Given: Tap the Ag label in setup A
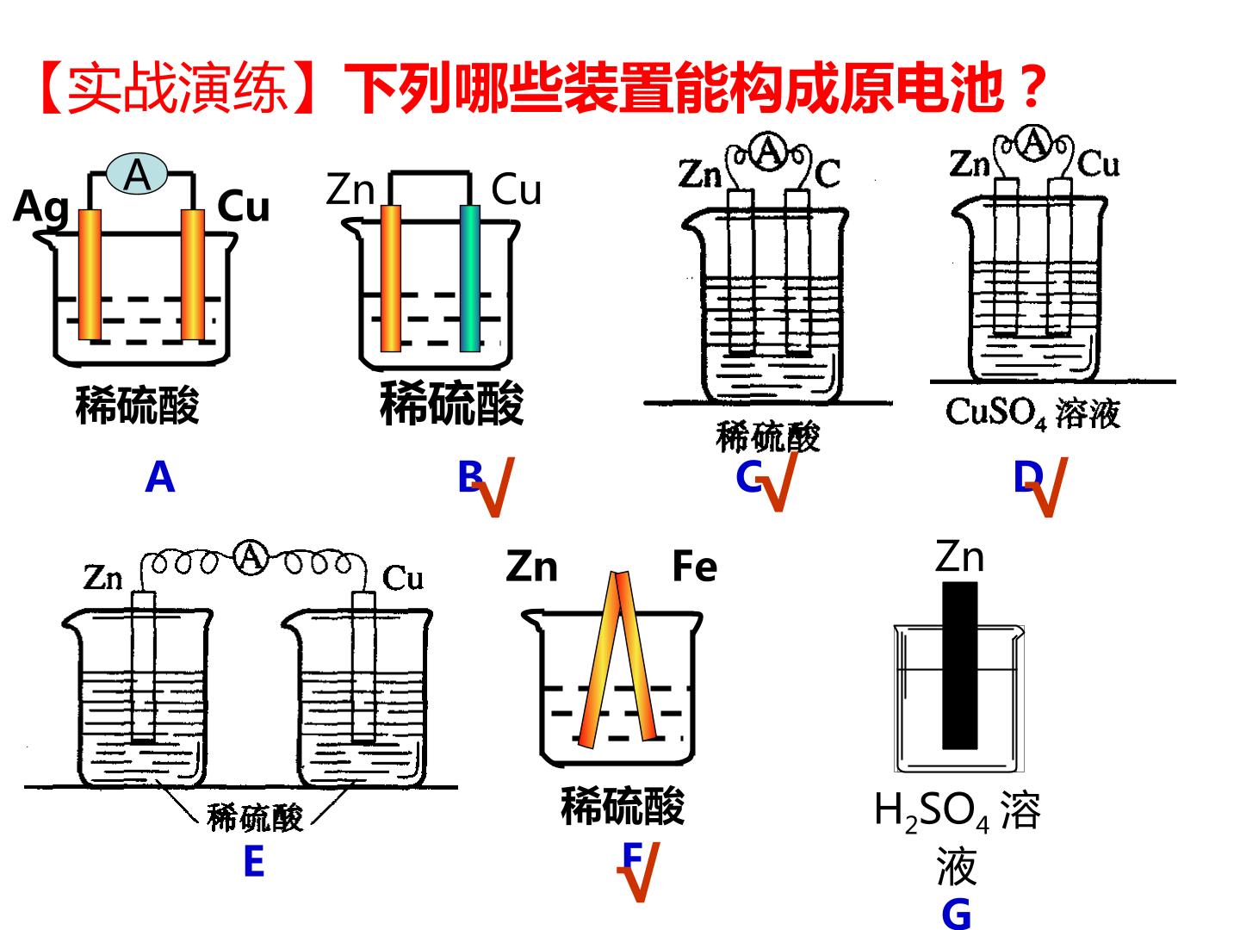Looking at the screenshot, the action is point(41,208).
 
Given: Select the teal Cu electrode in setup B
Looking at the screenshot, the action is point(469,278).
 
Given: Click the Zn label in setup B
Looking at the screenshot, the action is point(350,189).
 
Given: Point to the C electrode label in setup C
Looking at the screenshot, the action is point(828,173).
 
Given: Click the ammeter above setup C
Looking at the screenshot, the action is point(768,151).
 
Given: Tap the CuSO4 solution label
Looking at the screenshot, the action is point(1032,413).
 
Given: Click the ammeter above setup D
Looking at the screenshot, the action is point(1034,143).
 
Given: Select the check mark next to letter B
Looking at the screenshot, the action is point(493,487).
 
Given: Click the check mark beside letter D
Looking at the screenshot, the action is point(1047,487).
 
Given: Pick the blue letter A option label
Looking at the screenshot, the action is point(160,477).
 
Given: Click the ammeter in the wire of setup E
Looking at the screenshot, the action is point(251,558).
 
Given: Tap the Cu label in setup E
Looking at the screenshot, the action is point(402,578).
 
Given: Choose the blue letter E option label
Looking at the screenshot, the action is point(254,861).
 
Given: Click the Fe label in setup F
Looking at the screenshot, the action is point(694,567).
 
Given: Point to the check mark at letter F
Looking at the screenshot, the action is point(639,872).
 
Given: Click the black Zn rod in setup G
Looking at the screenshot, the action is point(960,666).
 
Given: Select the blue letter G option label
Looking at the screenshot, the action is point(957,914).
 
